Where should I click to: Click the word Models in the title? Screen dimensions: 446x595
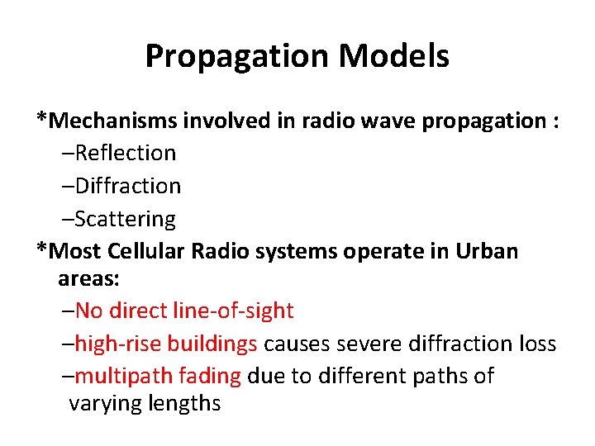point(393,56)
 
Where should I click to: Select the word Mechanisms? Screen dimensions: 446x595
point(112,121)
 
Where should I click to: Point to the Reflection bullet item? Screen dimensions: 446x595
point(124,153)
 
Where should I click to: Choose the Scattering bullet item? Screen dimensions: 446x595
point(124,219)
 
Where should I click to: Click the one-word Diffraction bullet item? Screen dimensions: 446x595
point(126,186)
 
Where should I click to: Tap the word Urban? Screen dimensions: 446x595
point(487,251)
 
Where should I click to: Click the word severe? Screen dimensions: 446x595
point(355,344)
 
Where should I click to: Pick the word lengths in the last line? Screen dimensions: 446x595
point(185,404)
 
